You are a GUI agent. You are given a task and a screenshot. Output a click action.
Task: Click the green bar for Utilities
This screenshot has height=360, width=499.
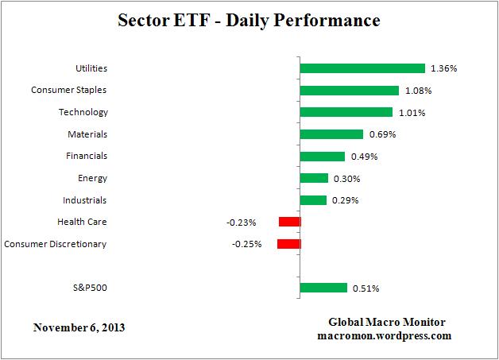(x=362, y=68)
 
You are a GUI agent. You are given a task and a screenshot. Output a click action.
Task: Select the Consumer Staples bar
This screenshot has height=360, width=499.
(x=349, y=91)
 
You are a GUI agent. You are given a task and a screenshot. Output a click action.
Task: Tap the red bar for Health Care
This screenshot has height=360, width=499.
(x=289, y=222)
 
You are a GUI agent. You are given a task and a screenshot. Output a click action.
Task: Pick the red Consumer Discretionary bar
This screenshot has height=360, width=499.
(x=288, y=244)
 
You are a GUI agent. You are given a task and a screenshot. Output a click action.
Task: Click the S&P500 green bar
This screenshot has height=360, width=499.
(x=323, y=288)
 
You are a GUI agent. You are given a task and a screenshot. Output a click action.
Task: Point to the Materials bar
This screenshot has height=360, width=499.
(x=331, y=134)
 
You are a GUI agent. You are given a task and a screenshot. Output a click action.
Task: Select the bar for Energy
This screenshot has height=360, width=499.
(x=314, y=178)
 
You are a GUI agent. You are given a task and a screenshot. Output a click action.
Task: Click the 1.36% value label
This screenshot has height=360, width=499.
(x=443, y=69)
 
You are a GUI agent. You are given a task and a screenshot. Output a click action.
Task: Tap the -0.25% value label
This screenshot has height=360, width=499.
(x=247, y=244)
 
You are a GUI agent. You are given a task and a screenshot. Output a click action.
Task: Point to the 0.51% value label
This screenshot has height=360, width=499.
(x=366, y=288)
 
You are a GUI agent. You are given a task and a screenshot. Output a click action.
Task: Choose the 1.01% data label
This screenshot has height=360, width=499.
(x=411, y=113)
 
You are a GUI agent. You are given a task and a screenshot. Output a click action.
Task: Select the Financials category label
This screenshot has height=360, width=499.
(x=86, y=156)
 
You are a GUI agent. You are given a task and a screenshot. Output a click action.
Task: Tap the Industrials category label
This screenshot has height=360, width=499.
(x=84, y=199)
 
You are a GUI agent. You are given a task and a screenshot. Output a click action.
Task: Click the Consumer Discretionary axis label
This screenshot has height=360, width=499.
(x=56, y=243)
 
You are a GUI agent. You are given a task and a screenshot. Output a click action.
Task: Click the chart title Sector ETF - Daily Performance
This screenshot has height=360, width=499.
(x=249, y=18)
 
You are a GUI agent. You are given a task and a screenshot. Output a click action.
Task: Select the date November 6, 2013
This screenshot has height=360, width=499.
(x=79, y=327)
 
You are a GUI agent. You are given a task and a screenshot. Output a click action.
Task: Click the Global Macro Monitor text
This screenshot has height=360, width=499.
(x=387, y=322)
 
